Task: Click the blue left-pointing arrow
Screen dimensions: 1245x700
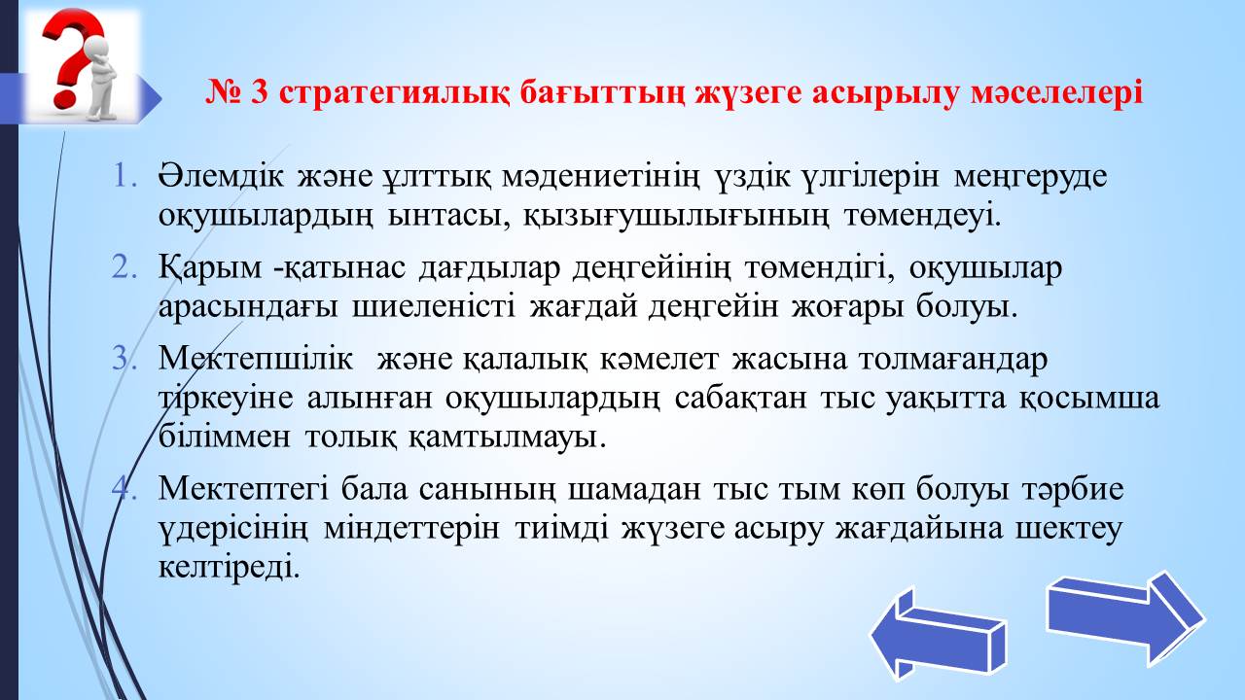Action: (939, 633)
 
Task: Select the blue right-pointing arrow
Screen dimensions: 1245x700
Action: (1126, 617)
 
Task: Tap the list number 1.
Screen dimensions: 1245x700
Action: (124, 177)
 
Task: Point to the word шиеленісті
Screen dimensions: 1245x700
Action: (434, 306)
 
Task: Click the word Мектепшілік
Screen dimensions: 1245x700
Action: (256, 360)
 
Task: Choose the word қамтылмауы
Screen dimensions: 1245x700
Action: (507, 437)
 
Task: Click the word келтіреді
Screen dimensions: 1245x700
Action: (229, 568)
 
